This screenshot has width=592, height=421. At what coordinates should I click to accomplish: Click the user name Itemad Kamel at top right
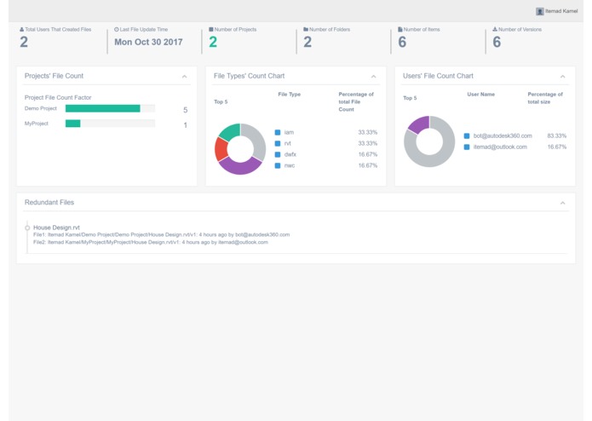pos(560,11)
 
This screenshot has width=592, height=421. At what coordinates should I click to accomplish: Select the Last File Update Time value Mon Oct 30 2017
pos(148,42)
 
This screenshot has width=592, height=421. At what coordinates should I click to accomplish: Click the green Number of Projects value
pos(213,42)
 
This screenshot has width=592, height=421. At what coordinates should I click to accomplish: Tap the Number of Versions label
pos(519,30)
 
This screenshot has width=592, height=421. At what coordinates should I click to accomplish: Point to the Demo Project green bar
pos(102,109)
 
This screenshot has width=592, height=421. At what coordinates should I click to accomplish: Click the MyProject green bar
pos(72,124)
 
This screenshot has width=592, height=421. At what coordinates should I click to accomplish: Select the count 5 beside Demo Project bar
pos(185,110)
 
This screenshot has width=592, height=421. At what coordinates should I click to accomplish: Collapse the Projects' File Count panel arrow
pos(184,77)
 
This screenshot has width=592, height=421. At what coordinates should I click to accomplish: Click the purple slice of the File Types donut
pos(239,165)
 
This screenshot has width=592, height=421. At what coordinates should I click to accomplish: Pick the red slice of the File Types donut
pos(221,149)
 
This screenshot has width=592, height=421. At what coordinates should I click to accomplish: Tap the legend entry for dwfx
pos(290,155)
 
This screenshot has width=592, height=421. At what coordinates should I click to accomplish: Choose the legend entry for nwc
pos(290,166)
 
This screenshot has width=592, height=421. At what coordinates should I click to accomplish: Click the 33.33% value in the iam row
pos(367,133)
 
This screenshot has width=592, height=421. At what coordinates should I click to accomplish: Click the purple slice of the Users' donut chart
pos(418,125)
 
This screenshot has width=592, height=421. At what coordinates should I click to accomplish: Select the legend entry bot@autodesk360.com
pos(503,136)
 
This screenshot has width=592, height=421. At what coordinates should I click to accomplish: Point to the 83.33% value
pos(556,136)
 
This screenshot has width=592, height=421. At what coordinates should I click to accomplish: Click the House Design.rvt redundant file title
pos(56,228)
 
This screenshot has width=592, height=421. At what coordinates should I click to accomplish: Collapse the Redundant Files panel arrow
pos(562,203)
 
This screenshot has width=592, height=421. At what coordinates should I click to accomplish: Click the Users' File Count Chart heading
pos(438,77)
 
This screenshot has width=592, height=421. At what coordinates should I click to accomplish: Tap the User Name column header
pos(480,95)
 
